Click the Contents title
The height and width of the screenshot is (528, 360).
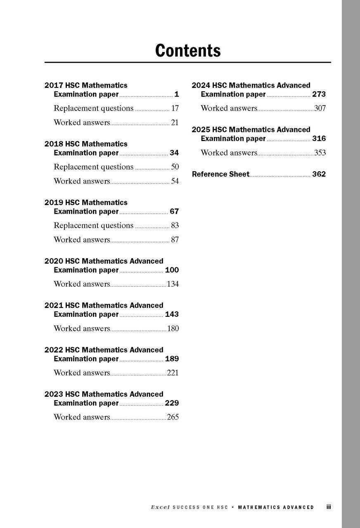pos(188,50)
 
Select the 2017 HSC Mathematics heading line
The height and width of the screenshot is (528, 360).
pos(86,85)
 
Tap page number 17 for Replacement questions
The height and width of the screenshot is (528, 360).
pos(175,108)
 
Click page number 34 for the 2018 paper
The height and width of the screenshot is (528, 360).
pos(174,153)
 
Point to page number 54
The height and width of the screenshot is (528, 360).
pos(175,181)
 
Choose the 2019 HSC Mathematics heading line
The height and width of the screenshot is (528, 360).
pos(86,203)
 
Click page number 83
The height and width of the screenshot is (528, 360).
pos(175,226)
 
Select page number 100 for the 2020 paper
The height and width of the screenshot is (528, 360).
pos(172,270)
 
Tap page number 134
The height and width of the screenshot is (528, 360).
pos(173,284)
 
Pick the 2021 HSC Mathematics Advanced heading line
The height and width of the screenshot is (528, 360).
pos(104,306)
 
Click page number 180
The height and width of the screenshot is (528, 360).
pos(173,329)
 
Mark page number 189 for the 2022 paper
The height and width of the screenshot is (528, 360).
pos(172,359)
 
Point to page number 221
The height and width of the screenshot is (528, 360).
pos(173,373)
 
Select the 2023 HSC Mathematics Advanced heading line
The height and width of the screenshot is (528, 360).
pos(104,394)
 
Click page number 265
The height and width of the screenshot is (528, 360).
pos(173,417)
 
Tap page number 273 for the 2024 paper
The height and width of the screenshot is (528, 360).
pos(319,94)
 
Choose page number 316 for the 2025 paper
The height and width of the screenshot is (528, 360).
pos(319,139)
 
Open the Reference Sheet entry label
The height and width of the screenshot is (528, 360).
pos(220,174)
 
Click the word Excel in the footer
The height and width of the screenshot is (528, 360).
pos(160,507)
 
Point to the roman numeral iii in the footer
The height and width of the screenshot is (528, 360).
pos(329,507)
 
